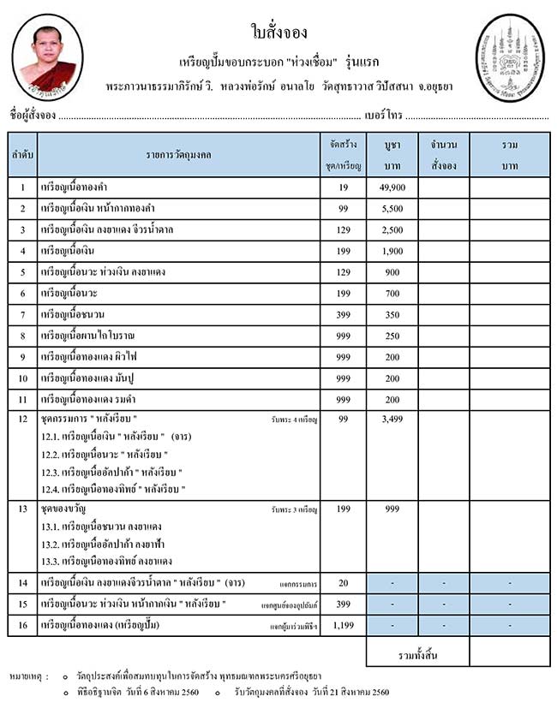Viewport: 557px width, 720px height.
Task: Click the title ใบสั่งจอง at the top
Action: pos(278,33)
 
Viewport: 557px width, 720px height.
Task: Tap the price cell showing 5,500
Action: pos(391,208)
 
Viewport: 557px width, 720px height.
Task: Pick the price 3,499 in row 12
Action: pos(391,420)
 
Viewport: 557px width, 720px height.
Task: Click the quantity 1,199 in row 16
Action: pos(342,626)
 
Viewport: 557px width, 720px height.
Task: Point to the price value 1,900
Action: pos(391,251)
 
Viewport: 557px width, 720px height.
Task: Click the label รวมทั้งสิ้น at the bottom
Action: pos(417,655)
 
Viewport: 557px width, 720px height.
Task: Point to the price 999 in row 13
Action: pos(391,509)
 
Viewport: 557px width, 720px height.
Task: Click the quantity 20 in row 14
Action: pos(343,583)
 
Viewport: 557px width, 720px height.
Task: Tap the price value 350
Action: pos(391,314)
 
